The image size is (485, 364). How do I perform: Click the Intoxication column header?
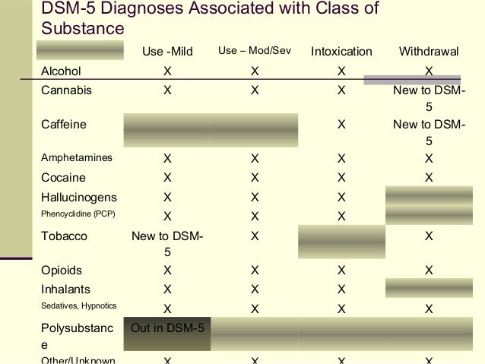click(341, 52)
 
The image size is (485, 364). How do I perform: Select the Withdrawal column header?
click(429, 52)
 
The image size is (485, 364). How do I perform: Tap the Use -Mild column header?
click(167, 52)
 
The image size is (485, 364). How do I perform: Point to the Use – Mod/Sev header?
click(255, 51)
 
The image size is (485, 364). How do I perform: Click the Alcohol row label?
click(61, 71)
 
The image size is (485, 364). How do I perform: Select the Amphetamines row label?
click(76, 158)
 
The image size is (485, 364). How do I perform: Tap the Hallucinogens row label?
click(78, 197)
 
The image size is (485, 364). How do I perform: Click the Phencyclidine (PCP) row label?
click(78, 214)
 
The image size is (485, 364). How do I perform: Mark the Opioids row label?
click(62, 270)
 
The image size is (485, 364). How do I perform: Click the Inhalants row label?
click(65, 289)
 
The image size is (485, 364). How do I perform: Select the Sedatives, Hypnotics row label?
click(78, 306)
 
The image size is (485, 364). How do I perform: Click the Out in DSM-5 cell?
click(166, 329)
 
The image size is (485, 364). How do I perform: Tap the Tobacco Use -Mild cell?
click(166, 244)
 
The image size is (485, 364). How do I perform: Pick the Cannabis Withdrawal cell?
click(429, 97)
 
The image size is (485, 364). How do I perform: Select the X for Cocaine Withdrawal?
click(429, 178)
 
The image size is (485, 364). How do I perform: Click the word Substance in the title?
click(82, 29)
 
